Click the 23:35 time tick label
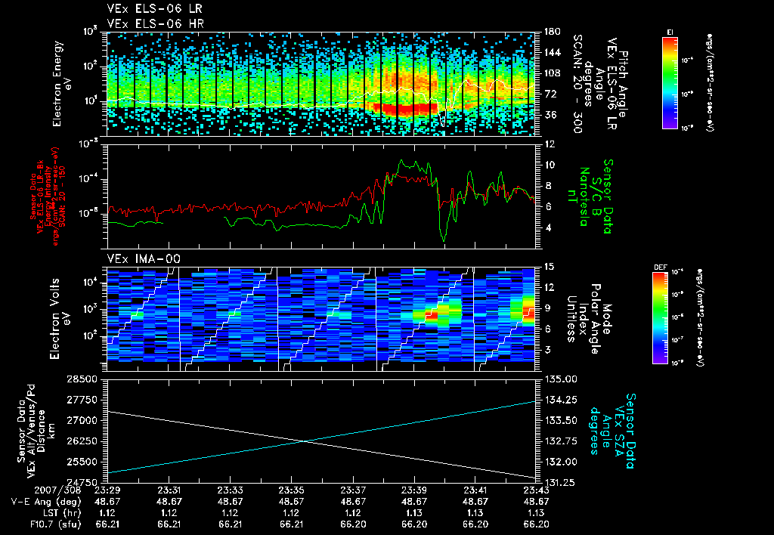point(291,490)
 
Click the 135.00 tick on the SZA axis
point(557,379)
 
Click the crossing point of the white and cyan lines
point(304,441)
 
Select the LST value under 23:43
point(536,512)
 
